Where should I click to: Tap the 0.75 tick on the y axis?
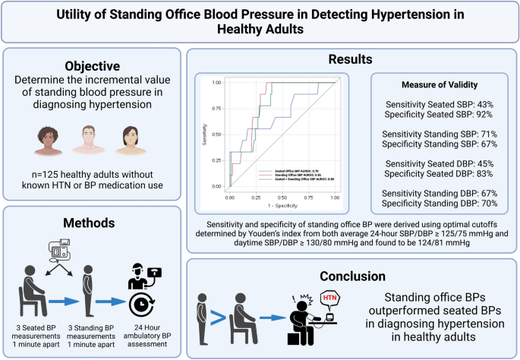point(217,108)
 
